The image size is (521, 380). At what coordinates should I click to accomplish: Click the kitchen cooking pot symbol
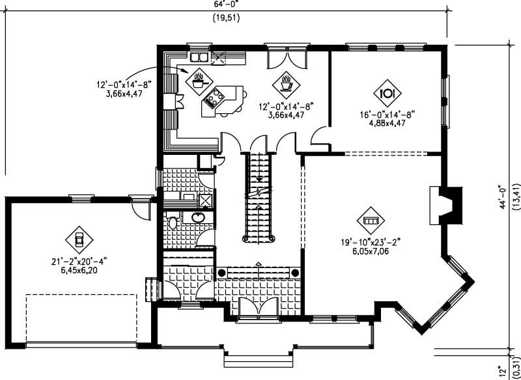(199, 81)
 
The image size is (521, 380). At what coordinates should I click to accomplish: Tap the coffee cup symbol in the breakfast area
(285, 83)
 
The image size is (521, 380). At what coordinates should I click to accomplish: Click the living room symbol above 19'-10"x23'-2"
(370, 221)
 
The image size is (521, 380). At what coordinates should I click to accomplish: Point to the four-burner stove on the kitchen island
(214, 98)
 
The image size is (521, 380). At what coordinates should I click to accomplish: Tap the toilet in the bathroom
(173, 223)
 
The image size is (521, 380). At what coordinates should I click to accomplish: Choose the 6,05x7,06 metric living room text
(369, 251)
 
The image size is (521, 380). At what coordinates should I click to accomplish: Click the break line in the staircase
(260, 193)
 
